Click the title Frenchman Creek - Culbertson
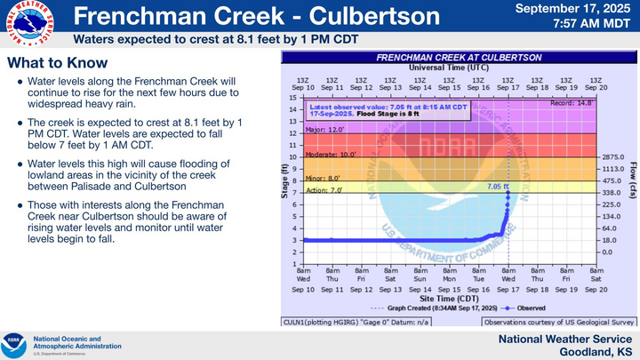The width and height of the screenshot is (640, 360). point(255,16)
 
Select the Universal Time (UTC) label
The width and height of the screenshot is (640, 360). point(447,68)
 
